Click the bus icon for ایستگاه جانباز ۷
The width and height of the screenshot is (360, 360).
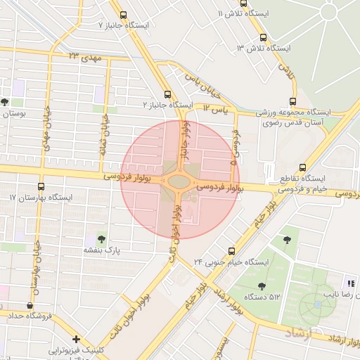coord(124,15)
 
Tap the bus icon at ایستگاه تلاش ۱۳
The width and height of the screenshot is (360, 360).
coord(263,37)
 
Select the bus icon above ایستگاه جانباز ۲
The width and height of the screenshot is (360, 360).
coord(167,94)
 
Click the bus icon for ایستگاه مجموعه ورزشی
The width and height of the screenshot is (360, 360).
coord(293,102)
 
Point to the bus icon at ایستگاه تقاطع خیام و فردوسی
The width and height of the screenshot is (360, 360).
coord(302,168)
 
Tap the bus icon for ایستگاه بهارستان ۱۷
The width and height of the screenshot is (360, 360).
coord(41,187)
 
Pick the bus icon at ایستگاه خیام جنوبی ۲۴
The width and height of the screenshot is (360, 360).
coord(232,250)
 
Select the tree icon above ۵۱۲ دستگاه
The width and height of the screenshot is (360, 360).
coord(262,285)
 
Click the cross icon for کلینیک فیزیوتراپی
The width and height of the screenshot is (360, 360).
coord(76,339)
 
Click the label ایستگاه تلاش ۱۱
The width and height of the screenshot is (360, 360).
coord(242,14)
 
